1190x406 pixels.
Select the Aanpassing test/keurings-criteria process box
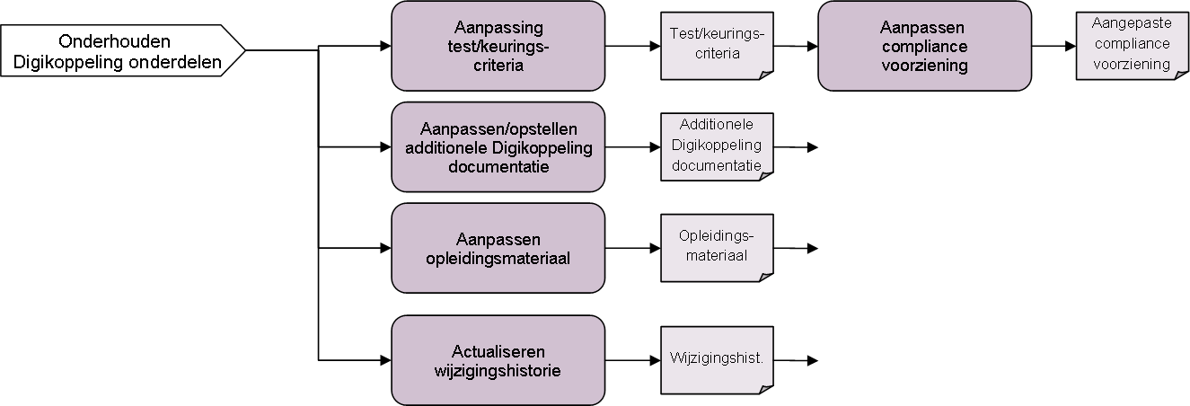click(498, 46)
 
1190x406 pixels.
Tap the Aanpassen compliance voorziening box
click(924, 46)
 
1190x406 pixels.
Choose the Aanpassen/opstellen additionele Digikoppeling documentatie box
click(498, 146)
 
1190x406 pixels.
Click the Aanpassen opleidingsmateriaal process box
click(498, 248)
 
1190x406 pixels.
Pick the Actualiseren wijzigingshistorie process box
click(498, 359)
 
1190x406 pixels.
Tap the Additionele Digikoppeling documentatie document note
click(716, 146)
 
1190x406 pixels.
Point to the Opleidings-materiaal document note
click(716, 247)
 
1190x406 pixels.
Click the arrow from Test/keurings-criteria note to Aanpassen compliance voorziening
click(795, 46)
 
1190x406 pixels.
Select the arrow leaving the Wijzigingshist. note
click(796, 360)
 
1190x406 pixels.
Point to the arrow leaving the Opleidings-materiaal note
click(796, 249)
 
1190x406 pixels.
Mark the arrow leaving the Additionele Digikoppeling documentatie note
click(796, 147)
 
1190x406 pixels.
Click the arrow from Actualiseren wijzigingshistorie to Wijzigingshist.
click(632, 360)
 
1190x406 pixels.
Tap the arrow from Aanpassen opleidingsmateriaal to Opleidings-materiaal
click(632, 249)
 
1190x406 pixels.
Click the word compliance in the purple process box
click(924, 48)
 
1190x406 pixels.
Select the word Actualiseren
click(498, 351)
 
